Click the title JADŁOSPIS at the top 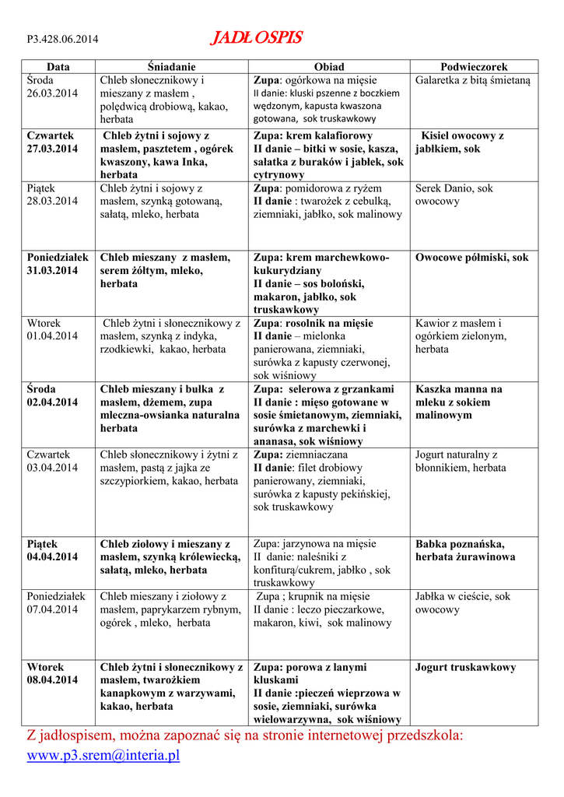pyautogui.click(x=256, y=38)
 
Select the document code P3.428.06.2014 pyautogui.click(x=62, y=40)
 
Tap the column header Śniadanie pyautogui.click(x=172, y=67)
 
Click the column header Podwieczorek pyautogui.click(x=474, y=67)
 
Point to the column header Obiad pyautogui.click(x=329, y=67)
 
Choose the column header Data pyautogui.click(x=58, y=67)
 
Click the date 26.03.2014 pyautogui.click(x=52, y=93)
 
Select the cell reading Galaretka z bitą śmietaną pyautogui.click(x=472, y=80)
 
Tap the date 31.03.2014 pyautogui.click(x=52, y=270)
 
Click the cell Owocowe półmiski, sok pyautogui.click(x=471, y=258)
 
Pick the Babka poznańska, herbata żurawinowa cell pyautogui.click(x=465, y=550)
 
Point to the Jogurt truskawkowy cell pyautogui.click(x=465, y=667)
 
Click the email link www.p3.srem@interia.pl pyautogui.click(x=103, y=755)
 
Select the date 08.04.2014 pyautogui.click(x=52, y=679)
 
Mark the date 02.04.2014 pyautogui.click(x=52, y=402)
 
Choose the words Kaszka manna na pyautogui.click(x=459, y=389)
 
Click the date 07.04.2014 pyautogui.click(x=52, y=609)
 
